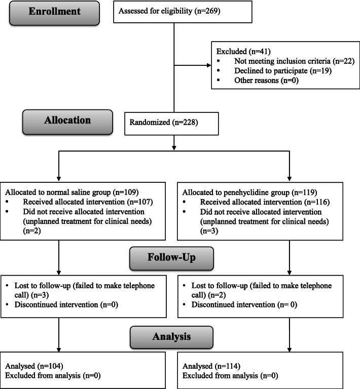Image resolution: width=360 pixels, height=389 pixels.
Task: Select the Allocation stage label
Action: click(67, 121)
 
